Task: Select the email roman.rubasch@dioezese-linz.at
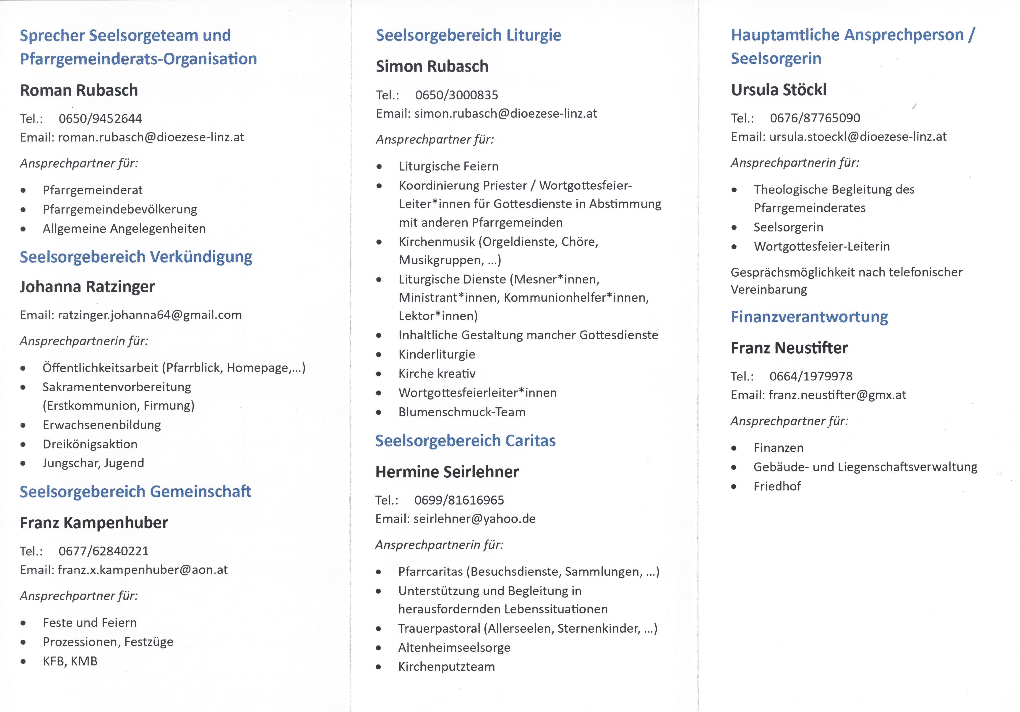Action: pyautogui.click(x=151, y=137)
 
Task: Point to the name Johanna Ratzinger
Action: pyautogui.click(x=87, y=287)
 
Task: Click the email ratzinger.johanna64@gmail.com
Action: pyautogui.click(x=150, y=315)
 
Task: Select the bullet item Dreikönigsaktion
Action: pyautogui.click(x=90, y=444)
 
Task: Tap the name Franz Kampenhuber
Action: pyautogui.click(x=94, y=523)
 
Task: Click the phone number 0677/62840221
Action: pyautogui.click(x=104, y=551)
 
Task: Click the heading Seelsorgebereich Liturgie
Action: pyautogui.click(x=468, y=35)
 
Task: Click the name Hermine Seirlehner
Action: pyautogui.click(x=447, y=472)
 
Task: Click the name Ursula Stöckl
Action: pyautogui.click(x=779, y=90)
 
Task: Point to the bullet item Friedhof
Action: pyautogui.click(x=777, y=486)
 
